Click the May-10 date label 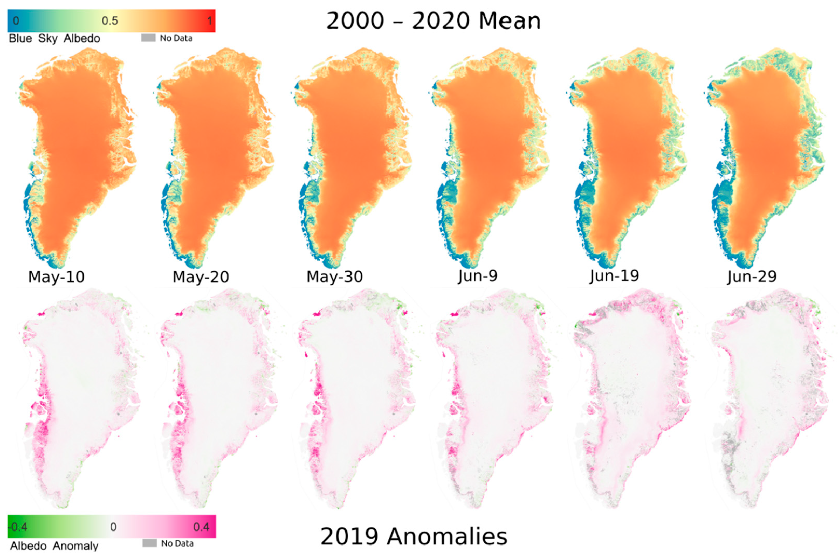click(56, 277)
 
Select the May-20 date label click(201, 277)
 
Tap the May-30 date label click(334, 277)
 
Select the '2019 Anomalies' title click(414, 536)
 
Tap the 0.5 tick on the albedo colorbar click(110, 21)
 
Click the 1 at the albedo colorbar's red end click(210, 21)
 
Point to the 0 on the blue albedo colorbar click(16, 21)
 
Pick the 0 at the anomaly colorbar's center click(113, 527)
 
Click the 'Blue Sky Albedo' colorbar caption click(54, 38)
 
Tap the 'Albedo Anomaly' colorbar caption click(54, 546)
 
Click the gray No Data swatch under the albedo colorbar click(148, 38)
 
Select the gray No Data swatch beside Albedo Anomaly click(149, 543)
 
